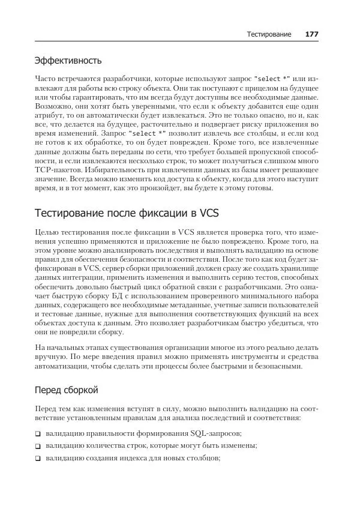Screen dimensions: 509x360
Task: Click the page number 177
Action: pyautogui.click(x=311, y=34)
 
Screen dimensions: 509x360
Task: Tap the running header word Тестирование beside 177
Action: pyautogui.click(x=269, y=34)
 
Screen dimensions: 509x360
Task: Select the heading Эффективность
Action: pyautogui.click(x=68, y=61)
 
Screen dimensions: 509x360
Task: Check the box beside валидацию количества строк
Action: pyautogui.click(x=38, y=446)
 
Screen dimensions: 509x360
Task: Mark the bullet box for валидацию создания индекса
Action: pyautogui.click(x=38, y=459)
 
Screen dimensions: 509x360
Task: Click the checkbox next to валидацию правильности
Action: pyautogui.click(x=38, y=433)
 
